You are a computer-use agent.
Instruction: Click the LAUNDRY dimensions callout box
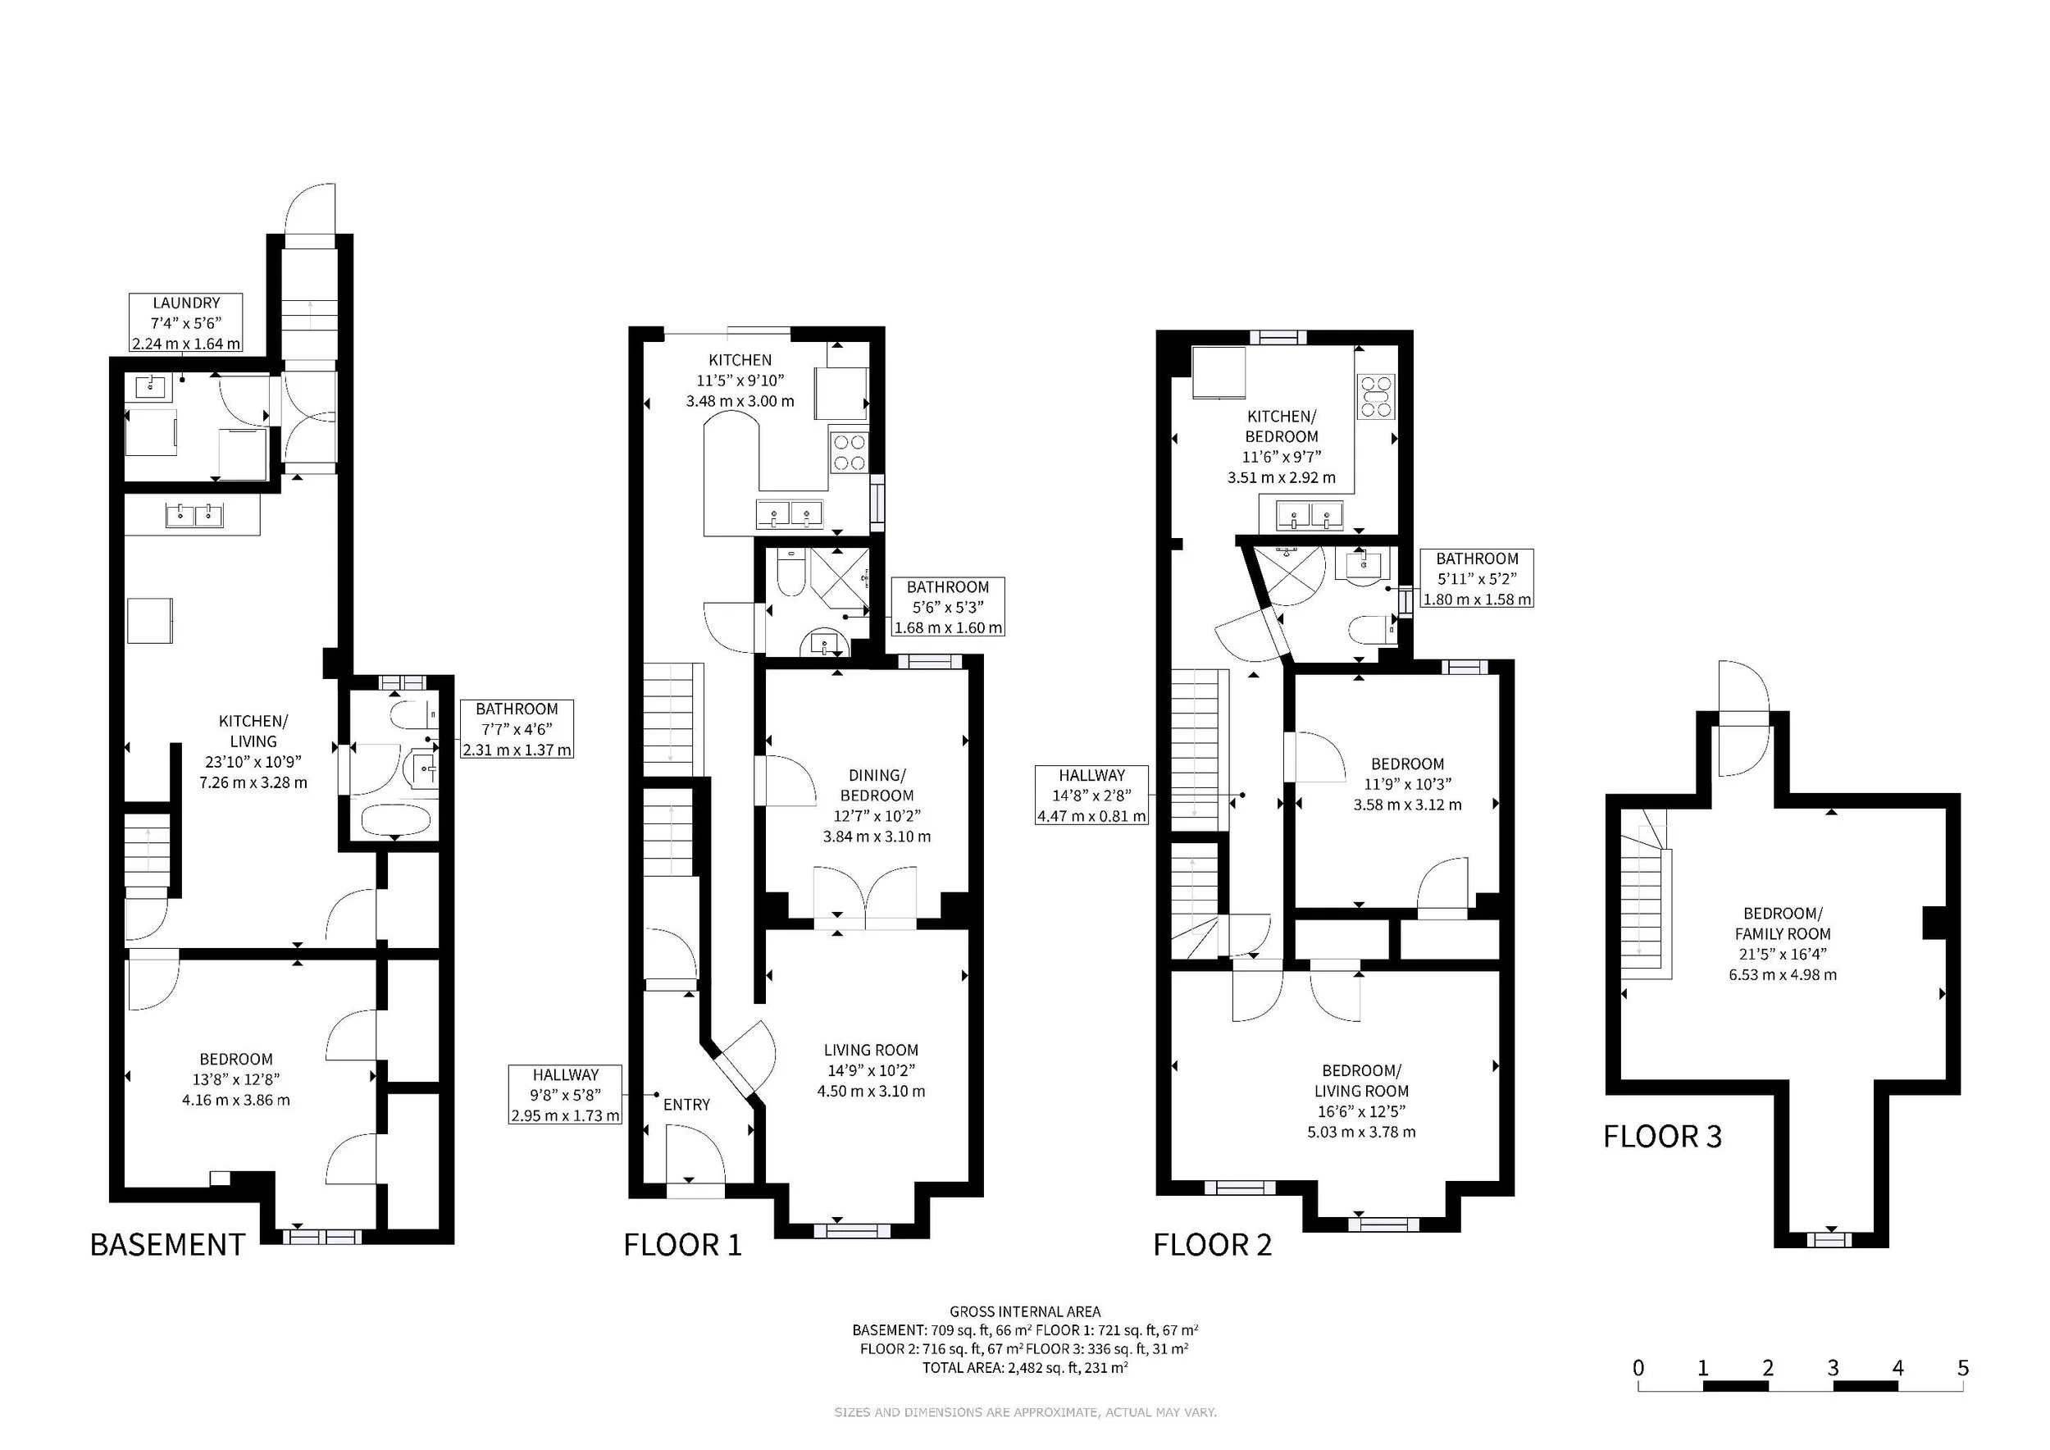(185, 322)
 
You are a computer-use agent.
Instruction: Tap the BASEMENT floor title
(168, 1245)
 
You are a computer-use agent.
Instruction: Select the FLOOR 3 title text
(1662, 1137)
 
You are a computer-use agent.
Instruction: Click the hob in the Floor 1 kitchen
(849, 452)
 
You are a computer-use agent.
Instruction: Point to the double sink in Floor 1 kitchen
(790, 514)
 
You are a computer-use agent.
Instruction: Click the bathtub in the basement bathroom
(395, 819)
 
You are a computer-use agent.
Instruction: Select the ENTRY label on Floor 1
(686, 1105)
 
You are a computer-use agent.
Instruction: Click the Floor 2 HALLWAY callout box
(1091, 795)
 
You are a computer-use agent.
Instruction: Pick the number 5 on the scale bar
(1962, 1368)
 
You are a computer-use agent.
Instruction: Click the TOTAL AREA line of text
(1025, 1368)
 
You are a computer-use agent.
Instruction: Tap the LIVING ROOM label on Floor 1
(871, 1050)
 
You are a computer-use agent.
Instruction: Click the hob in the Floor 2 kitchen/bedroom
(1376, 396)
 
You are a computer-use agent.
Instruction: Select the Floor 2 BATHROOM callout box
(1477, 578)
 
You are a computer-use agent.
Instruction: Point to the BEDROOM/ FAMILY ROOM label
(1783, 923)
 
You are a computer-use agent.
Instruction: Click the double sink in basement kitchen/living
(194, 514)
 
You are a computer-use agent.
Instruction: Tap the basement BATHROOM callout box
(516, 729)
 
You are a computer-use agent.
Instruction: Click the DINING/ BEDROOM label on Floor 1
(877, 785)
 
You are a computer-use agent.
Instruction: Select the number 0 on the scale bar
(1638, 1368)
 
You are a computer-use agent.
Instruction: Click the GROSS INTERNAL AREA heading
(1025, 1311)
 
